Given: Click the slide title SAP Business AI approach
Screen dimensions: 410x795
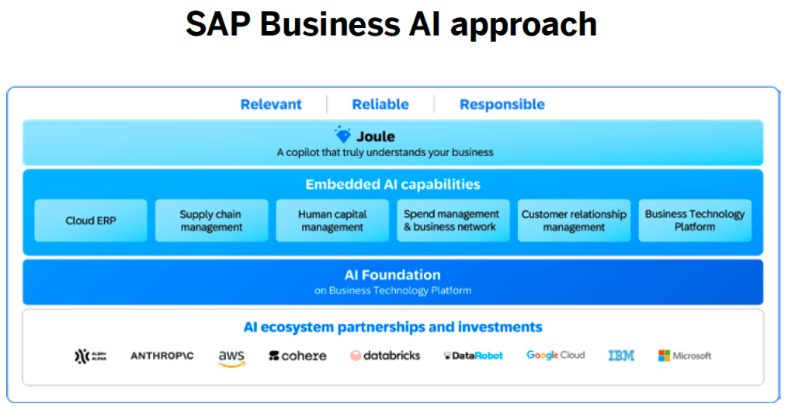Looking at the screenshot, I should click(x=391, y=25).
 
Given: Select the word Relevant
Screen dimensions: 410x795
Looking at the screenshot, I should click(x=271, y=104).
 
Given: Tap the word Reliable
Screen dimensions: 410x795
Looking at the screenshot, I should click(x=380, y=104).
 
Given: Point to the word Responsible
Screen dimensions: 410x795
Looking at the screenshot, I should click(x=502, y=104).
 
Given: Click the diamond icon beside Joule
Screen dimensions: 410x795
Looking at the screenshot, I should click(x=342, y=135).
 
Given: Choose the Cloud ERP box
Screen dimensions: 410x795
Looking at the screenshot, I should click(x=91, y=221).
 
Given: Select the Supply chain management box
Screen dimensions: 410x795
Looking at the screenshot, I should click(x=211, y=221).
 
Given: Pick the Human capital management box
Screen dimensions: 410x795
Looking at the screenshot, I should click(x=332, y=221).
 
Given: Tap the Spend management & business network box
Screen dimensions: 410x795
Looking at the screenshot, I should click(x=453, y=221).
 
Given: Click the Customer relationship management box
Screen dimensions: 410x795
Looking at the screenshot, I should click(x=574, y=221).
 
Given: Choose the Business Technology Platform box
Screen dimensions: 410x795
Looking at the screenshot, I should click(x=695, y=221).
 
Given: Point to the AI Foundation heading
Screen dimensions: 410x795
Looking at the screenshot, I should click(x=392, y=275).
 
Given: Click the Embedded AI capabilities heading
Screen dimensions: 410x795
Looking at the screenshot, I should click(x=392, y=185).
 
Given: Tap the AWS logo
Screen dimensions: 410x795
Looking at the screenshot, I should click(x=231, y=357).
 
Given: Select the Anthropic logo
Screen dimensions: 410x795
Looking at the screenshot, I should click(x=162, y=356).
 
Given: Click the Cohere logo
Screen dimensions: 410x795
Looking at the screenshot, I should click(x=297, y=356).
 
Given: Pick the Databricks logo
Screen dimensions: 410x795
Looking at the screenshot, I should click(x=385, y=356).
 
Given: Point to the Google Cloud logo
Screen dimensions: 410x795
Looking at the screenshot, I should click(x=556, y=356).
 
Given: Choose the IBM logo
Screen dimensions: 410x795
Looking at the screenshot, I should click(x=621, y=356).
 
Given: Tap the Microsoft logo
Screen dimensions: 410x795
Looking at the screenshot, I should click(x=685, y=356).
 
